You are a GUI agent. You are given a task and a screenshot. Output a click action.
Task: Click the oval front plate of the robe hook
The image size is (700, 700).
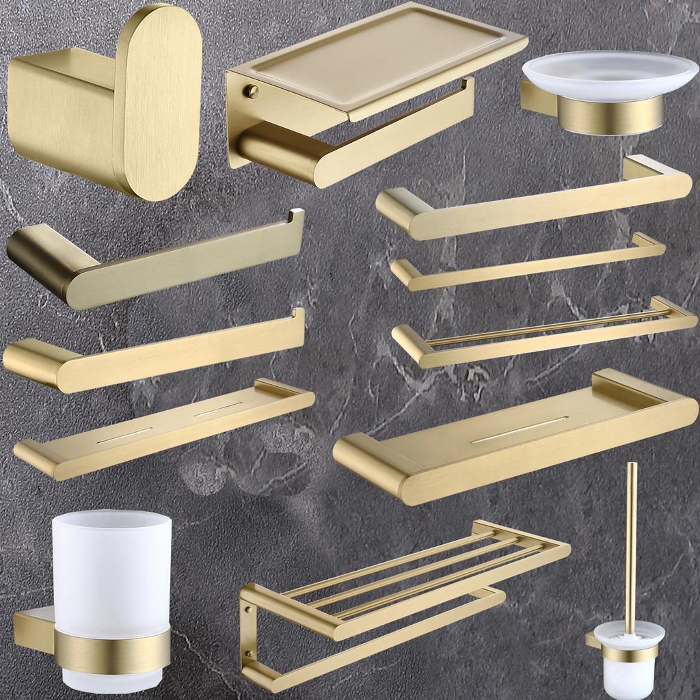pyautogui.click(x=157, y=103)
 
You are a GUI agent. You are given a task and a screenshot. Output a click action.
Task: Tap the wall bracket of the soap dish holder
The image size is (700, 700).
pyautogui.click(x=537, y=97)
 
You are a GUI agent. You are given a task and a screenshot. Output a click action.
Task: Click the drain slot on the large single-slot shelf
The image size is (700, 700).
pyautogui.click(x=520, y=429)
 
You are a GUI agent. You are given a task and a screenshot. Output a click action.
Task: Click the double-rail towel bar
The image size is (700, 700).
pyautogui.click(x=547, y=332)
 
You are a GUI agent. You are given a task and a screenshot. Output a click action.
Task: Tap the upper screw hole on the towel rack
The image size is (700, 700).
pyautogui.click(x=248, y=601)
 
